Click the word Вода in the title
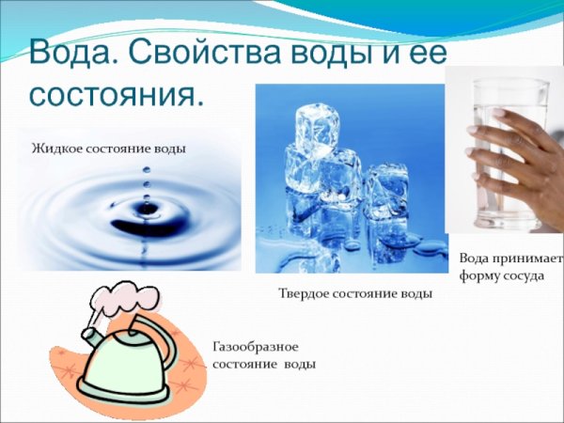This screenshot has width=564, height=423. [67, 52]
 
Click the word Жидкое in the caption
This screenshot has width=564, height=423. [57, 149]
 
